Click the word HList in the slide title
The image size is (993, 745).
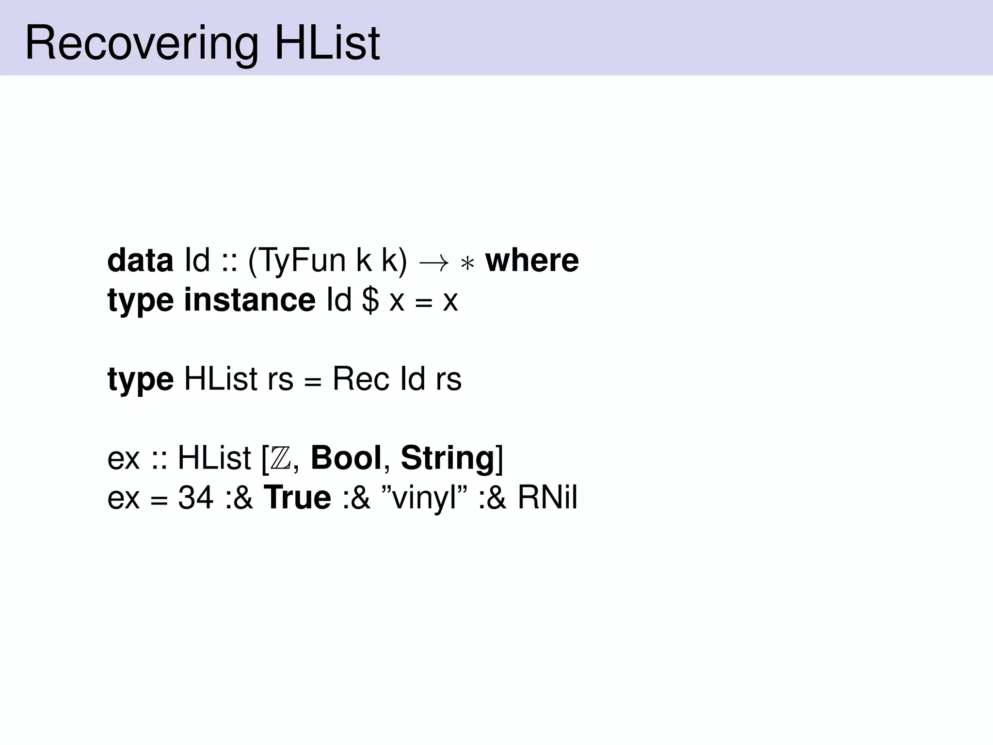click(x=327, y=44)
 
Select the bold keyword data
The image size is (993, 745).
click(x=140, y=260)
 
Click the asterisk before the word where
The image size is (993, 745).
click(x=467, y=264)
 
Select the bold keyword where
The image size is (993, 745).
click(x=532, y=260)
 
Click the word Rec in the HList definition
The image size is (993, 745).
click(x=361, y=379)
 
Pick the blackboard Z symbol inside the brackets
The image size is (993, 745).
click(x=281, y=458)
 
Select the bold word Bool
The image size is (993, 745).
click(x=346, y=457)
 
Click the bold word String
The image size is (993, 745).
click(x=447, y=458)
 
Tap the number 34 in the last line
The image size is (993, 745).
click(x=196, y=498)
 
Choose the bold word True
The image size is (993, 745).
click(x=297, y=498)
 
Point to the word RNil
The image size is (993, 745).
click(x=547, y=498)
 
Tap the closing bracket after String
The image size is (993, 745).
click(x=500, y=458)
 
